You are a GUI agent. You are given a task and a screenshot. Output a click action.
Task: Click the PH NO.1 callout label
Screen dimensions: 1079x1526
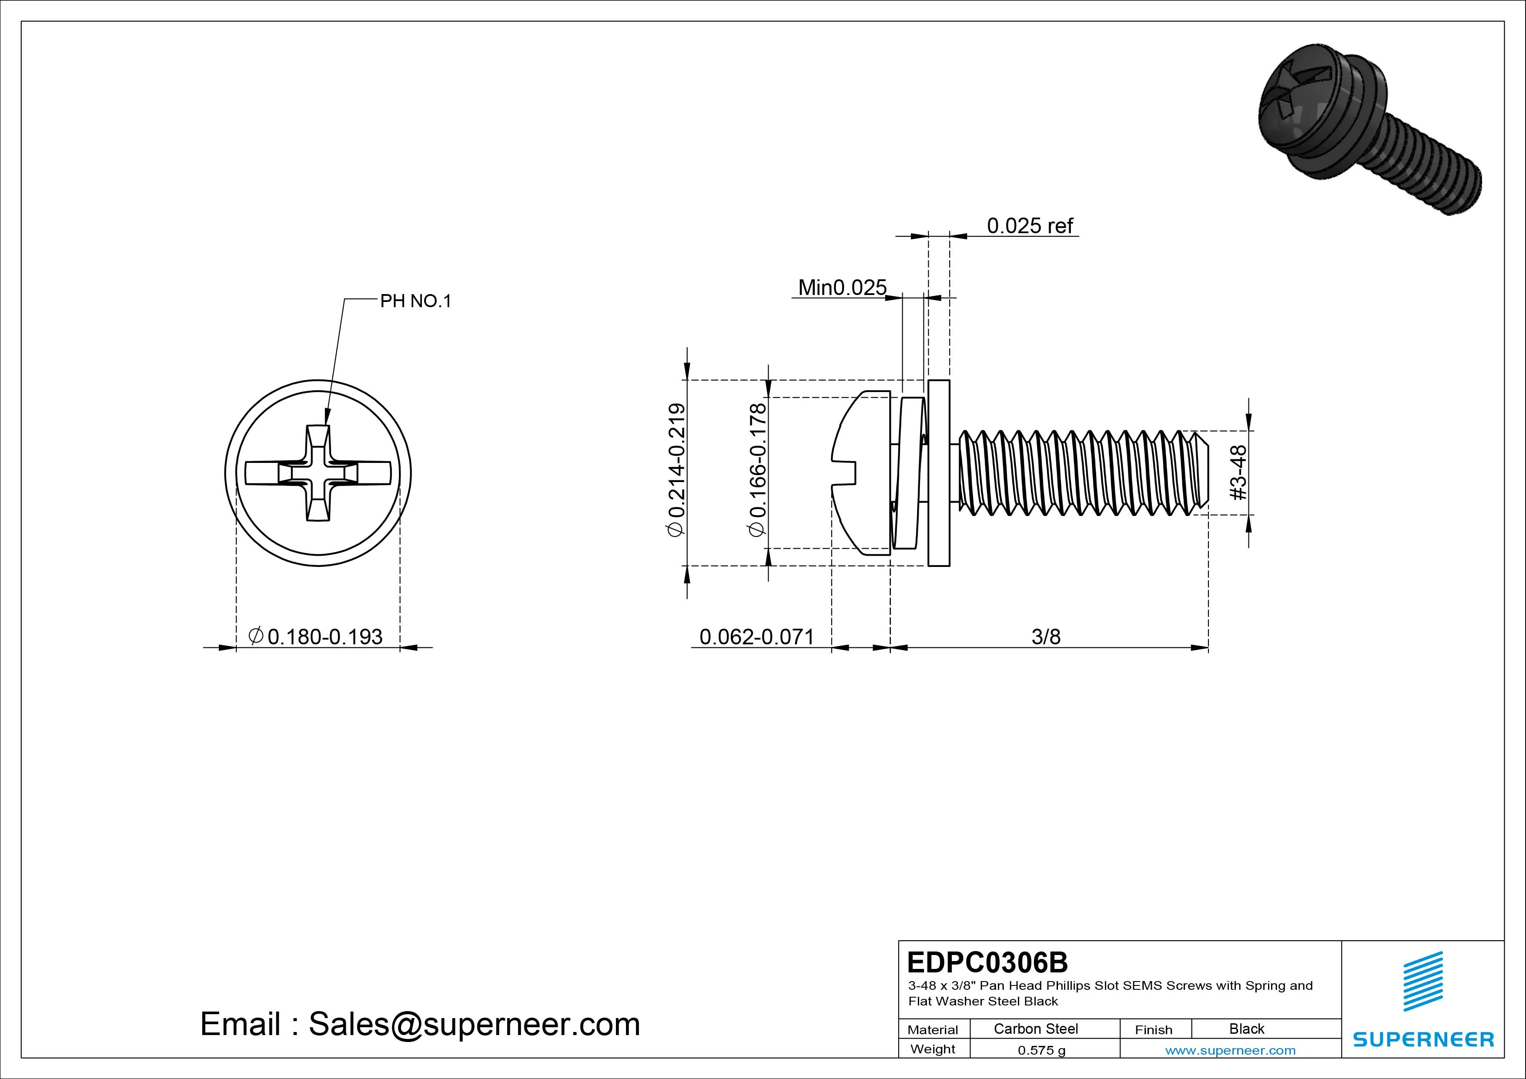(x=415, y=301)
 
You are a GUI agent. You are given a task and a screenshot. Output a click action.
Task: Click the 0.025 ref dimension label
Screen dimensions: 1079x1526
(x=1030, y=226)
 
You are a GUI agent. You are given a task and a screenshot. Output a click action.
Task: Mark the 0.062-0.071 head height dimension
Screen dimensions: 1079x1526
(x=756, y=637)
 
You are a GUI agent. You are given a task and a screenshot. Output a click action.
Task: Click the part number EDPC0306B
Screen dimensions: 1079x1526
(x=987, y=962)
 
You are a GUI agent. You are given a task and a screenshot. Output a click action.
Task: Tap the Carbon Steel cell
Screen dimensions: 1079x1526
(x=1035, y=1029)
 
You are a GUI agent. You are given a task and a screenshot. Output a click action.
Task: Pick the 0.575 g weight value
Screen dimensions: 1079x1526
(x=1041, y=1050)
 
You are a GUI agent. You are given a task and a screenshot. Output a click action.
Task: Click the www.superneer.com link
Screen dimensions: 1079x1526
(x=1230, y=1050)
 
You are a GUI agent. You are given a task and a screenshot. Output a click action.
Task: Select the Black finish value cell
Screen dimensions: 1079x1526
(x=1246, y=1029)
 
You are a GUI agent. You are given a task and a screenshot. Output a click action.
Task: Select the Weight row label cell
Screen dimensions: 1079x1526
(x=933, y=1049)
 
